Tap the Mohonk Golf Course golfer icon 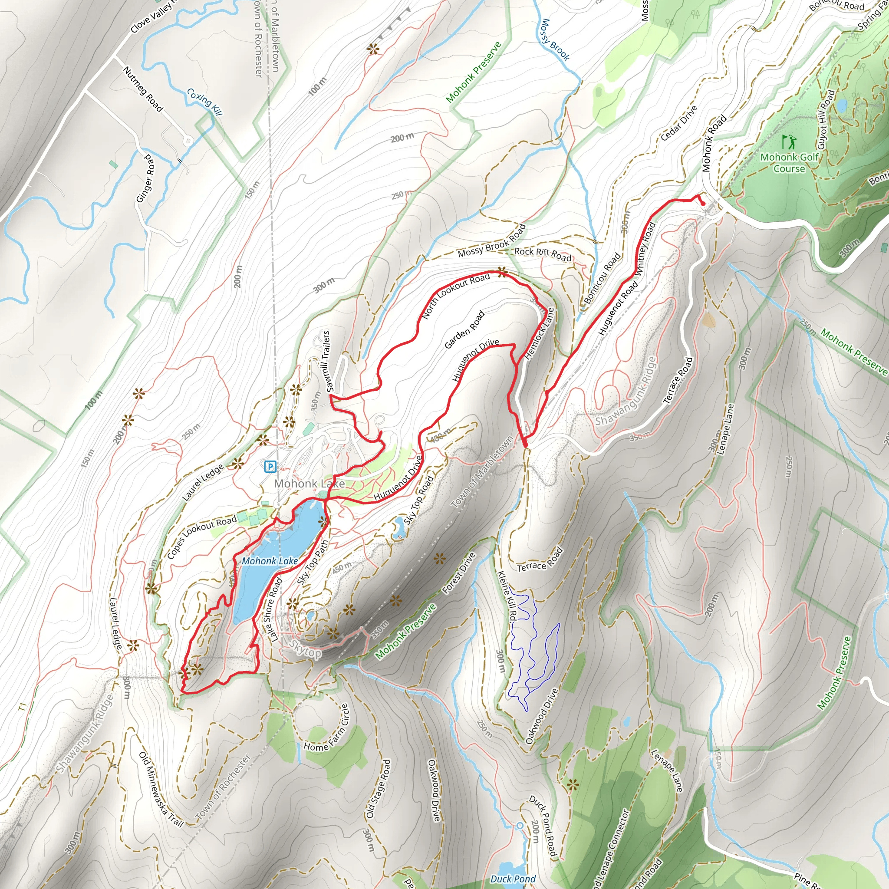click(x=789, y=142)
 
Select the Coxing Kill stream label click(x=205, y=102)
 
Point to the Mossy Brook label click(x=555, y=40)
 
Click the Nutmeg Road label click(x=143, y=89)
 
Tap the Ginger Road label click(x=146, y=178)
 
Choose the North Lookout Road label click(x=455, y=296)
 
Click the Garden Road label click(x=465, y=329)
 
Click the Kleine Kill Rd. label click(x=507, y=596)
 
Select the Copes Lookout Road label click(x=201, y=537)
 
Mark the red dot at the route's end click(x=703, y=204)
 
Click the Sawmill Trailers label click(x=327, y=361)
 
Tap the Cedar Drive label click(x=679, y=123)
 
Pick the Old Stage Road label click(x=378, y=789)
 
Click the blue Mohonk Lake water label click(x=270, y=561)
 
